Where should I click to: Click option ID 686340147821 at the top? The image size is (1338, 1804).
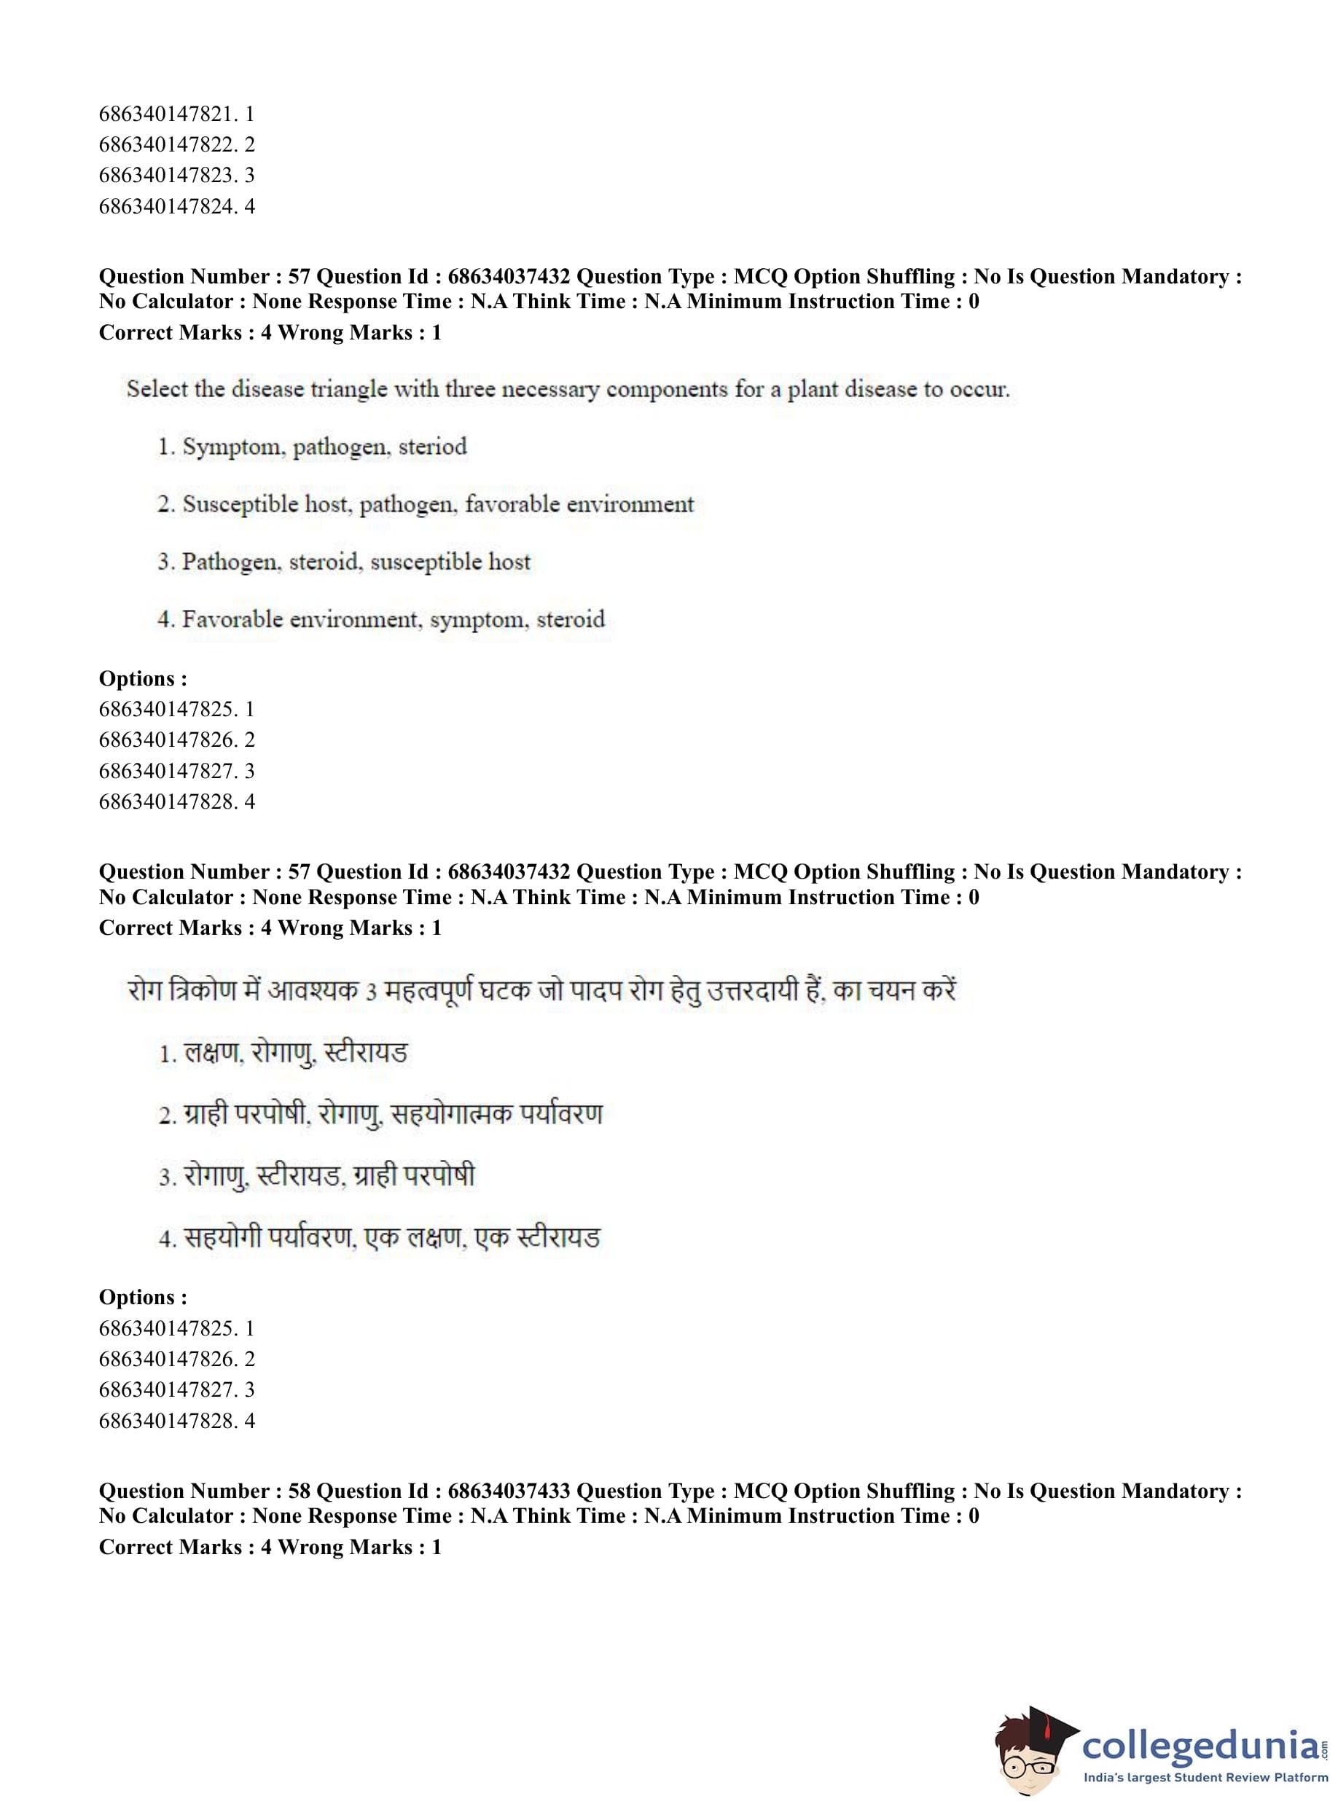[176, 114]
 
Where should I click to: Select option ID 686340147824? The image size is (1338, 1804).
[176, 205]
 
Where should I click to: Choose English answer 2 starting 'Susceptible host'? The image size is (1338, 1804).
[425, 503]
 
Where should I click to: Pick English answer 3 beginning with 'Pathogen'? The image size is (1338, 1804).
[344, 561]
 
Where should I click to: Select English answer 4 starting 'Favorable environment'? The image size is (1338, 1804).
[381, 619]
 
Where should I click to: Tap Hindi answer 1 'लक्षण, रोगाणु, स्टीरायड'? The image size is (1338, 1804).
[283, 1053]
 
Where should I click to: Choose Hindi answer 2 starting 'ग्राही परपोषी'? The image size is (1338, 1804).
[380, 1114]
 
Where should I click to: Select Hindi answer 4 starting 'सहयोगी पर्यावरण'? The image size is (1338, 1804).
[379, 1237]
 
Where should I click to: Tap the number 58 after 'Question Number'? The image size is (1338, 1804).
[299, 1491]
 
